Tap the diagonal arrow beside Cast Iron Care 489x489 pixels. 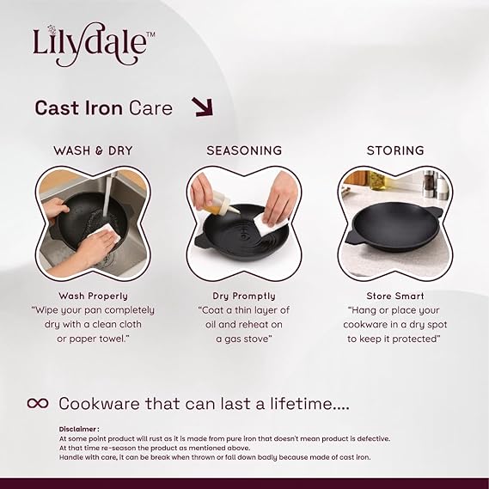coord(203,107)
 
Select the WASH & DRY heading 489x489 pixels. coord(93,150)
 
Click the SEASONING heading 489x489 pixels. coord(244,150)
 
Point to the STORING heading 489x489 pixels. coord(395,150)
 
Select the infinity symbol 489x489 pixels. coord(38,403)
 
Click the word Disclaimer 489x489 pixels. coord(77,429)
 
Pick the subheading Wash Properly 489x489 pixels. coord(94,296)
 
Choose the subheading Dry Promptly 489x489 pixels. coord(244,296)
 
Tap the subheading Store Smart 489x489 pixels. coord(395,296)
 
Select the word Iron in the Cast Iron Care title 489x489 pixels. coord(103,108)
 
